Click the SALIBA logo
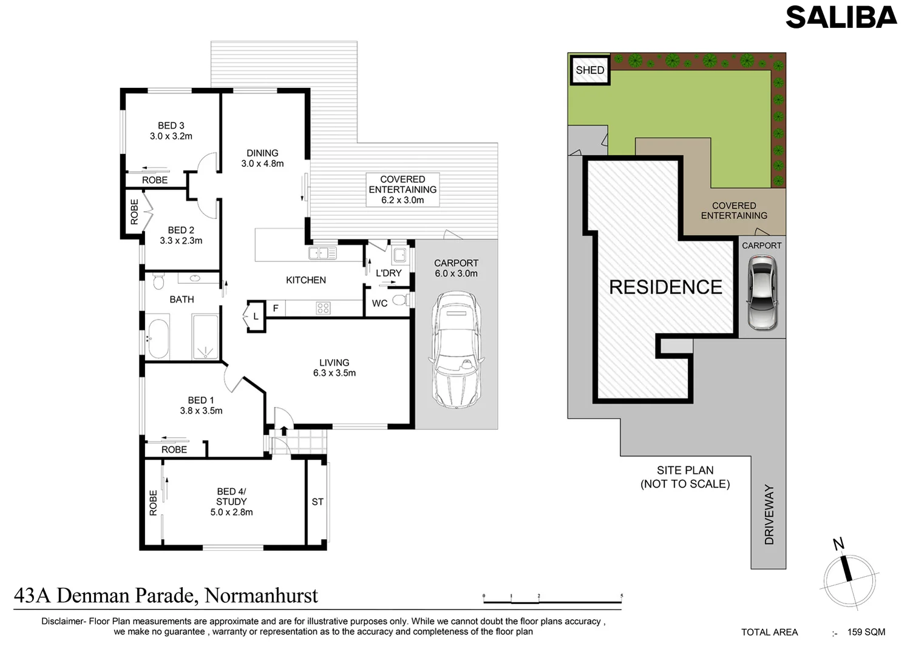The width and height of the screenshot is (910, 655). (841, 18)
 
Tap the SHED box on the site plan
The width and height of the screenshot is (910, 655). (589, 70)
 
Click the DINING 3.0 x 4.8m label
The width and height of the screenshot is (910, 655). (262, 158)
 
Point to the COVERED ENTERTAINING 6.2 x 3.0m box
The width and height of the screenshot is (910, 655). (402, 190)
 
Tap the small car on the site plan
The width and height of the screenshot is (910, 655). (762, 292)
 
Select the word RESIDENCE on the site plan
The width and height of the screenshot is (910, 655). (665, 287)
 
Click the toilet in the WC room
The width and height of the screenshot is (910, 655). (400, 300)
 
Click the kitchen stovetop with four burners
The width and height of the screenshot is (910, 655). (323, 308)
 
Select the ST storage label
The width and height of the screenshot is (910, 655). (317, 502)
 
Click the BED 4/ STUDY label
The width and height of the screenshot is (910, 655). (231, 502)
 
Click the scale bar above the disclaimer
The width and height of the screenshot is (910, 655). (552, 600)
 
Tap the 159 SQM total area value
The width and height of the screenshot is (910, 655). (866, 632)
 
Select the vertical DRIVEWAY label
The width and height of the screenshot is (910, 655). (769, 514)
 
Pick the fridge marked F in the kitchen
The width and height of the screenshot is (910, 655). (276, 309)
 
